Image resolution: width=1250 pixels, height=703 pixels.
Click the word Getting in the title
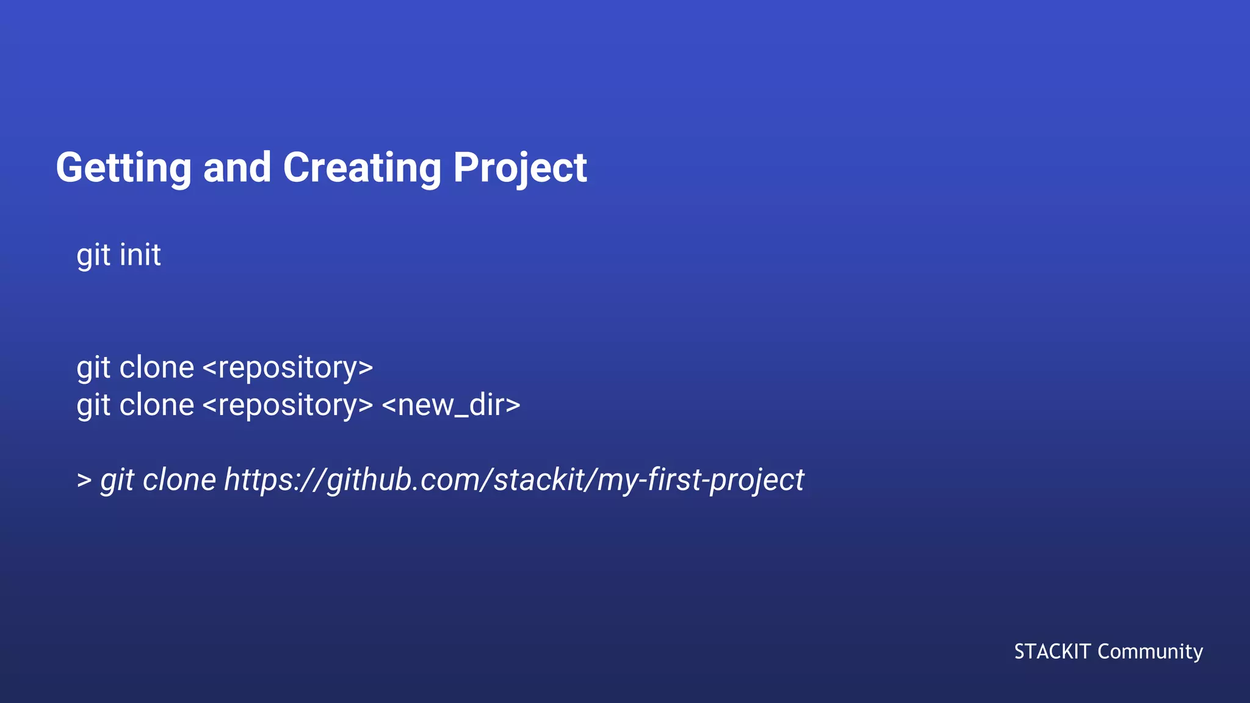coord(123,168)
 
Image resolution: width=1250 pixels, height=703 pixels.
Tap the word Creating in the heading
coord(361,168)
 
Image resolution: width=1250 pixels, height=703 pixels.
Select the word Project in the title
coord(519,168)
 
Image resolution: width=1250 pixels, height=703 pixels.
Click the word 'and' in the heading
coord(237,168)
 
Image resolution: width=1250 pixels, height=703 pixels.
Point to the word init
coord(140,254)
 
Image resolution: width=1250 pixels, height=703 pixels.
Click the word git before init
coord(93,254)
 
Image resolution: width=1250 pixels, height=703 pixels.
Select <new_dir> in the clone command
coord(451,405)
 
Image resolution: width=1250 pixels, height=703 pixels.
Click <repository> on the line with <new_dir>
coord(287,405)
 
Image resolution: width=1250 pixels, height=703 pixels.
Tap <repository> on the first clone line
coord(287,367)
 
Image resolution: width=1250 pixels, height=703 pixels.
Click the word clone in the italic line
coord(179,480)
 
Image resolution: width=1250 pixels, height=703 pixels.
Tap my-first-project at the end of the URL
coord(700,480)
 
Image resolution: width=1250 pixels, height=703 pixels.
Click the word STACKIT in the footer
coord(1052,652)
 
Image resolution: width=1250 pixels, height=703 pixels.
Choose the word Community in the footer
coord(1150,652)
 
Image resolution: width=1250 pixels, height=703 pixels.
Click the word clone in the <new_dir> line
coord(157,405)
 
